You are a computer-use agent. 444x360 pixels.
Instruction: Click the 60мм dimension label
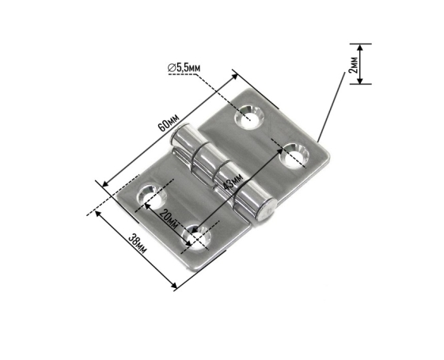169,123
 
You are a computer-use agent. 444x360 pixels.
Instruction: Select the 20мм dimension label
169,219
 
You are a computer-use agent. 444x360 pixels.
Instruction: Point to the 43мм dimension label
233,181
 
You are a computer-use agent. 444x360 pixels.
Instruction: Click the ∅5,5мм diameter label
184,67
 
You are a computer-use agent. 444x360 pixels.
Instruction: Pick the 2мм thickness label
353,65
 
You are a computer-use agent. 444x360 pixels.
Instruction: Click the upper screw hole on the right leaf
249,117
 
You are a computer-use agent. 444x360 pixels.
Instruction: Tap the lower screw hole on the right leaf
294,156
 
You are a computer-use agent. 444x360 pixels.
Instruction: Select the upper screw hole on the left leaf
151,195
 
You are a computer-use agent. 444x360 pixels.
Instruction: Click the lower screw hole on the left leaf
196,237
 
